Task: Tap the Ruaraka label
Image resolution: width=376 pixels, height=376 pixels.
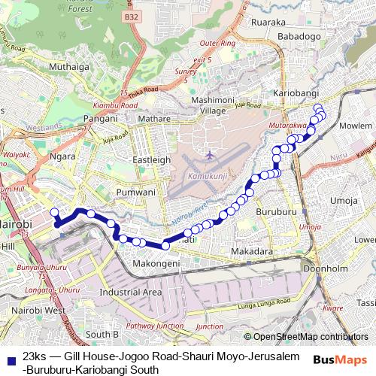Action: coord(269,22)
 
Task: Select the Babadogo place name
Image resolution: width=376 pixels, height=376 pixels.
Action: coord(299,36)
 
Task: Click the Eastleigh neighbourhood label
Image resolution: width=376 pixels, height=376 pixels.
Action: coord(153,160)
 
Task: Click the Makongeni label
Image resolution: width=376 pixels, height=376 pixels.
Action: coord(156,264)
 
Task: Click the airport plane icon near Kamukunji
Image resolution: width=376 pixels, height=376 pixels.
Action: coord(209,155)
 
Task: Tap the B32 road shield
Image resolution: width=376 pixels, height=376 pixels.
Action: coord(132,16)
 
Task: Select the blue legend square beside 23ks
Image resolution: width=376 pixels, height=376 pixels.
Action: coord(9,356)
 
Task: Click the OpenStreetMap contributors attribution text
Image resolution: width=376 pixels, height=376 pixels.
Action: coord(311,337)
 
